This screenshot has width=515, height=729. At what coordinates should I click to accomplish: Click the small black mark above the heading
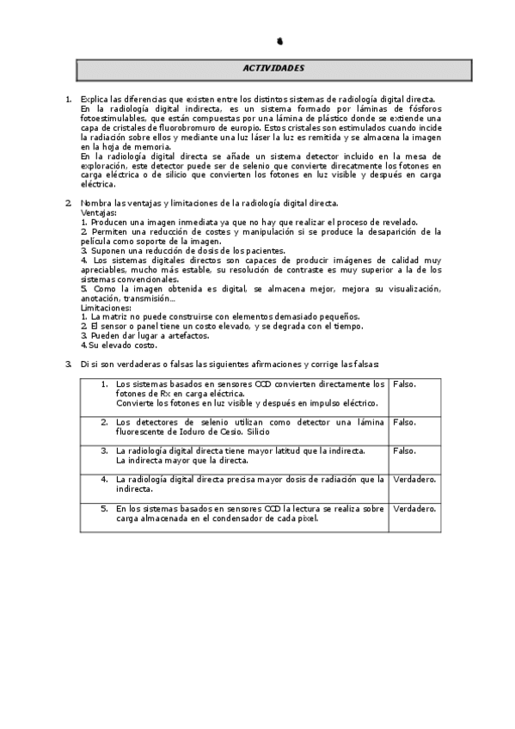coord(282,40)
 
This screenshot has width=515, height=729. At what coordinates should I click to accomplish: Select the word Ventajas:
coord(98,211)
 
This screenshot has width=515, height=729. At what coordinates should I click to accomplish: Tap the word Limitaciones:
coord(104,307)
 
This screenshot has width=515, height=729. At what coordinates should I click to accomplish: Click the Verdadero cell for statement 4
coord(414,480)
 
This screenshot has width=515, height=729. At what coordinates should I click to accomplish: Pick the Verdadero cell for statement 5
coord(414,509)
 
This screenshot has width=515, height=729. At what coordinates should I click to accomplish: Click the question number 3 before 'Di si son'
coord(69,364)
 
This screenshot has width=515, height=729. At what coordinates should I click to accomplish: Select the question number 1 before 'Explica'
coord(69,100)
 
